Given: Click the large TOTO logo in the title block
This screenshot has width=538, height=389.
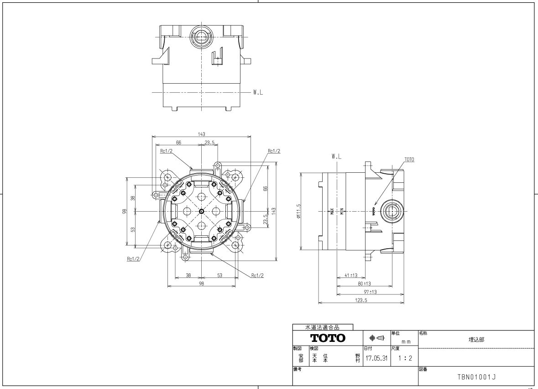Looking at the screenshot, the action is pos(328,338).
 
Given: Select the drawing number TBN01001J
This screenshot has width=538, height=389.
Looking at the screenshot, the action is pos(476,377).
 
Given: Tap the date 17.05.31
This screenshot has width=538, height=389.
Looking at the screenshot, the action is pos(376,358).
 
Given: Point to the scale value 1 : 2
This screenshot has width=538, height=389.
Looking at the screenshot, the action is pos(405,358).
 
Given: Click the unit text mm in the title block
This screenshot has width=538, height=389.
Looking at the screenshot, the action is pos(406,342).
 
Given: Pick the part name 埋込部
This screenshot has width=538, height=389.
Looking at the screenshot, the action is pos(476,340).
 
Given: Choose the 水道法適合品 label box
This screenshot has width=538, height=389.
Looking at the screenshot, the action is pos(323,327).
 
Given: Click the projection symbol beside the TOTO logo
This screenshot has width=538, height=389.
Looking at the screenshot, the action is pos(377,338).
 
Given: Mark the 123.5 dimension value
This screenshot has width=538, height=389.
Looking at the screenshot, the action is pos(361,300).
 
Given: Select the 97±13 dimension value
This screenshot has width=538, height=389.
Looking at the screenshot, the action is pos(370,292).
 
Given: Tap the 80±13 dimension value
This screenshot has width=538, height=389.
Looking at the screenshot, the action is pos(364,283).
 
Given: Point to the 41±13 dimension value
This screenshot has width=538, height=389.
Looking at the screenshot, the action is pos(350,275).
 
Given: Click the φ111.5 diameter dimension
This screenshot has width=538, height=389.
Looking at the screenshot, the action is pos(299,211).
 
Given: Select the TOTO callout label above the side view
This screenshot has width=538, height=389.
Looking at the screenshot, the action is pos(409,160).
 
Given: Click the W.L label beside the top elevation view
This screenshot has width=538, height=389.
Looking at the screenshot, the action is pos(258,92).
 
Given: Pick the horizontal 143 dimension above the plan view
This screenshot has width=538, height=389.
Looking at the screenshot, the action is pos(201,134).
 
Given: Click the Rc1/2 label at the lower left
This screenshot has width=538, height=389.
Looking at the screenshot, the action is pos(133,259).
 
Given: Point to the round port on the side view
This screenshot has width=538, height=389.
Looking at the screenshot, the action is pos(392,211).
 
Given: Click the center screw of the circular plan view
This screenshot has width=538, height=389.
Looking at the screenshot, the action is pos(201,211).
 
